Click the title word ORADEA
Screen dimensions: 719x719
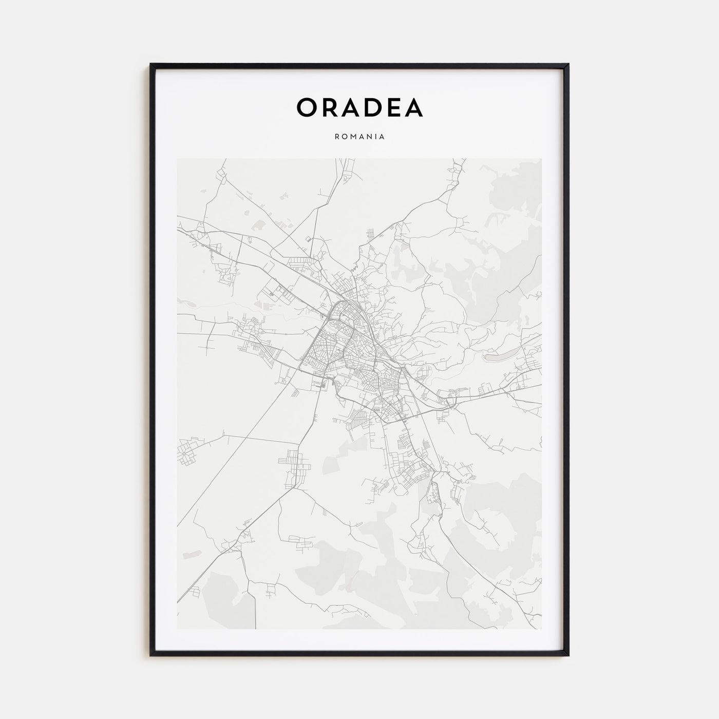[x=359, y=107]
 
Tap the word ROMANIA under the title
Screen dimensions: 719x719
[x=359, y=137]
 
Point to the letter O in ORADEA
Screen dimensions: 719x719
[x=307, y=107]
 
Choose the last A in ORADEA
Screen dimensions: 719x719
[x=412, y=107]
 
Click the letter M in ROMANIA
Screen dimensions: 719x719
[x=354, y=137]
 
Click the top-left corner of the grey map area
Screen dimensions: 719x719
[x=178, y=159]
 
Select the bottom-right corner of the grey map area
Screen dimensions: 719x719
[x=541, y=629]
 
